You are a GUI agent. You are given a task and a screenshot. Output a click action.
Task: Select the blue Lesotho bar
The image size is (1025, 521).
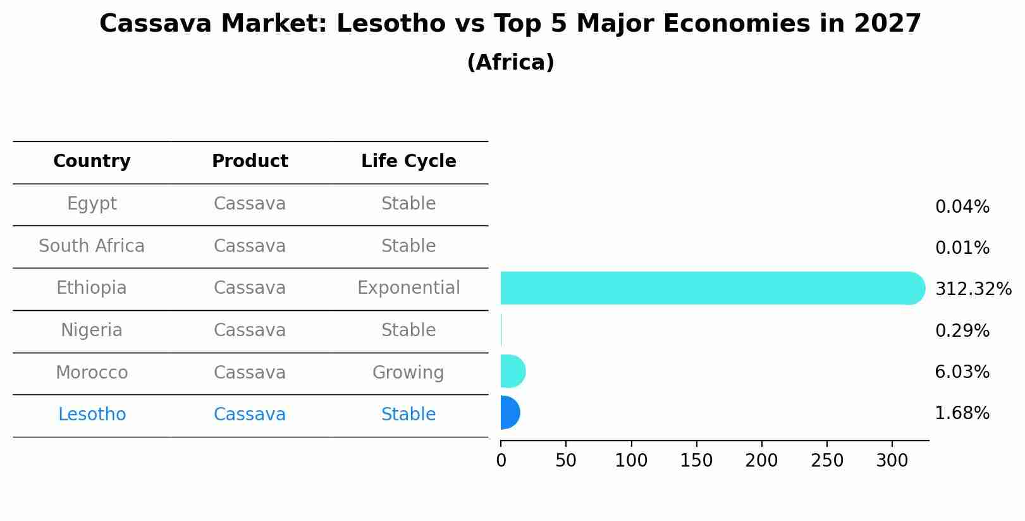[510, 413]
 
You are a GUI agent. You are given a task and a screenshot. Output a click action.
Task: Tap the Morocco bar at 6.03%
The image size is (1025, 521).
[512, 371]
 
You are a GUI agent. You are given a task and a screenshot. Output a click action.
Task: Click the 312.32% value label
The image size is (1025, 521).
[973, 289]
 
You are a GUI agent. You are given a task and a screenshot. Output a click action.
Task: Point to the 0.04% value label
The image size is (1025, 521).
[962, 207]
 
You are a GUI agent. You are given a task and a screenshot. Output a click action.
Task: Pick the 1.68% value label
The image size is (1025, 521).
[962, 413]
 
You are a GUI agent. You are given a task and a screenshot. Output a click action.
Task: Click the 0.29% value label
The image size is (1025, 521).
[962, 330]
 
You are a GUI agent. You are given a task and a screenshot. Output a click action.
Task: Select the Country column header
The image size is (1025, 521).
[92, 161]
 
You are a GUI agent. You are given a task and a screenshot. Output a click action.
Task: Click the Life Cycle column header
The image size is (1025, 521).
[408, 161]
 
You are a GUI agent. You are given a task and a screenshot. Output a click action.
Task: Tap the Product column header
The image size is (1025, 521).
[250, 161]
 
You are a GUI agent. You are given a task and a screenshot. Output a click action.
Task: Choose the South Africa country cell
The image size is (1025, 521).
[92, 246]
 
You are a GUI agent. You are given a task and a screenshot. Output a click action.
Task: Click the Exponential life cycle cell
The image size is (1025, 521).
[408, 288]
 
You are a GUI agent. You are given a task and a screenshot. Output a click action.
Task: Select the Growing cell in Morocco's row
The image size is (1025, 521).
[408, 373]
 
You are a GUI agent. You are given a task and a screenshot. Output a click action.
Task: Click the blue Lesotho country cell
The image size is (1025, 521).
[92, 415]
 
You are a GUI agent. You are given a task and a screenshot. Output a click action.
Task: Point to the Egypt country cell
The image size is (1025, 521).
[92, 204]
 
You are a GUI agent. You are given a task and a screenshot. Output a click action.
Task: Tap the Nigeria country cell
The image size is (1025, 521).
[92, 330]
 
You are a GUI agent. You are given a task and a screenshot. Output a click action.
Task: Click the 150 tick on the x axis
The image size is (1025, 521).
[696, 461]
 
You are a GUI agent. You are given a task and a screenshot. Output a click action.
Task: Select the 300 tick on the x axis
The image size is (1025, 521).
[892, 461]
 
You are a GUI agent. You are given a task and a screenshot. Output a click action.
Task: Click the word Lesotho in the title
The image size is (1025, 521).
[391, 24]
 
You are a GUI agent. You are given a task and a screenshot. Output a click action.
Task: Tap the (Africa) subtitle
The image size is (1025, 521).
[510, 63]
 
